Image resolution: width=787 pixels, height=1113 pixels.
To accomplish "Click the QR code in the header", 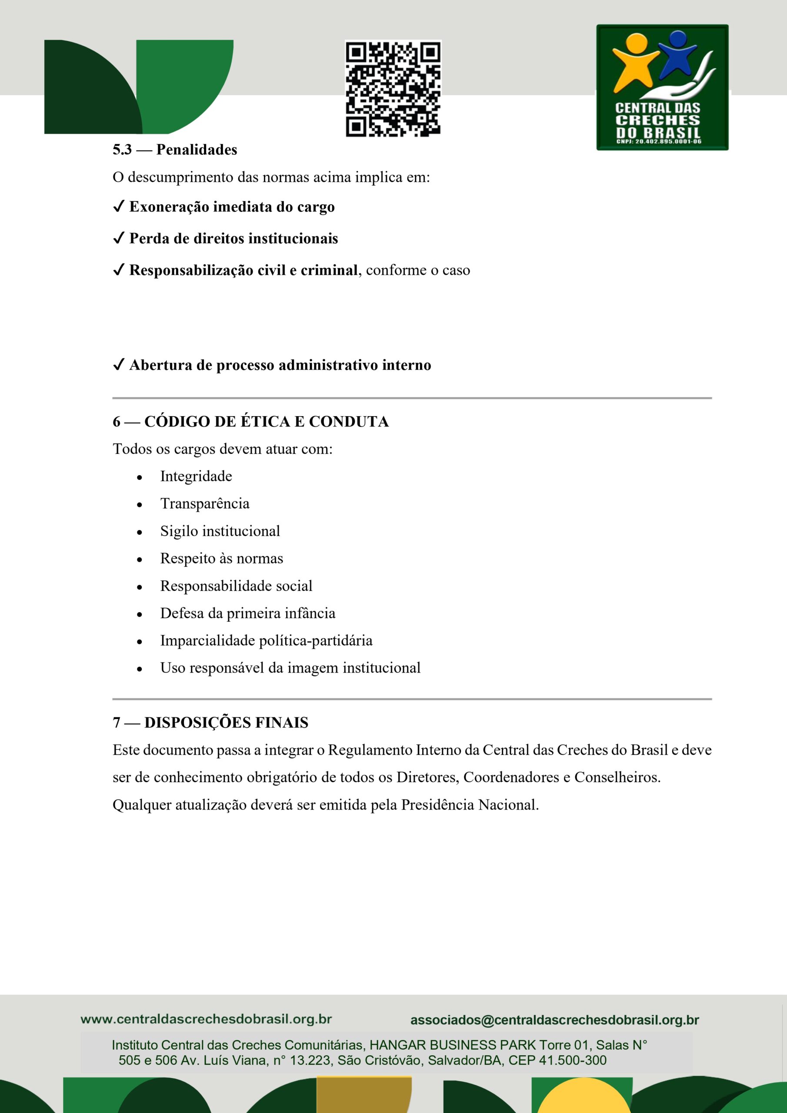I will [x=393, y=88].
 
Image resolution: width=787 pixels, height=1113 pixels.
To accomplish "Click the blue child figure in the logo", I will [x=676, y=53].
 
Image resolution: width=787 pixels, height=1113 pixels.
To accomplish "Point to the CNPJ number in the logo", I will [x=658, y=142].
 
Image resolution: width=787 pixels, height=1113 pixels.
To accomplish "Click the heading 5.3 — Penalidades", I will [x=174, y=150].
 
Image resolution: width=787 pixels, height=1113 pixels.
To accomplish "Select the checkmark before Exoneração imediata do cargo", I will [x=118, y=207].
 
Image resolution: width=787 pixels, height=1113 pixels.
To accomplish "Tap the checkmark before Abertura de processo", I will [x=118, y=365].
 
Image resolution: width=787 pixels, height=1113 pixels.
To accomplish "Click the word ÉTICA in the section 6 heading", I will [x=265, y=422].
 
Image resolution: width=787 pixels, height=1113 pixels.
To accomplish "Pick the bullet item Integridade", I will [x=196, y=477].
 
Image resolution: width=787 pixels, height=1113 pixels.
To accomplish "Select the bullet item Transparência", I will [x=205, y=503].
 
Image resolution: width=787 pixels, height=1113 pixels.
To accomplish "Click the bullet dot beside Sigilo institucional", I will [x=140, y=532].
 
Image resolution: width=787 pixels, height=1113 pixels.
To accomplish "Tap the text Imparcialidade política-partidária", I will [x=266, y=641].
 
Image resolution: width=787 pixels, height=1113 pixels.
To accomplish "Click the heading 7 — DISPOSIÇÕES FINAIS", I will [x=210, y=723].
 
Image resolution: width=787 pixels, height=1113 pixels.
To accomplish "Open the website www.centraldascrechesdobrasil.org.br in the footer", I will [x=206, y=1019].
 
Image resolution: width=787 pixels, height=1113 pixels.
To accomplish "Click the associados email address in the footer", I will [x=554, y=1020].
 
